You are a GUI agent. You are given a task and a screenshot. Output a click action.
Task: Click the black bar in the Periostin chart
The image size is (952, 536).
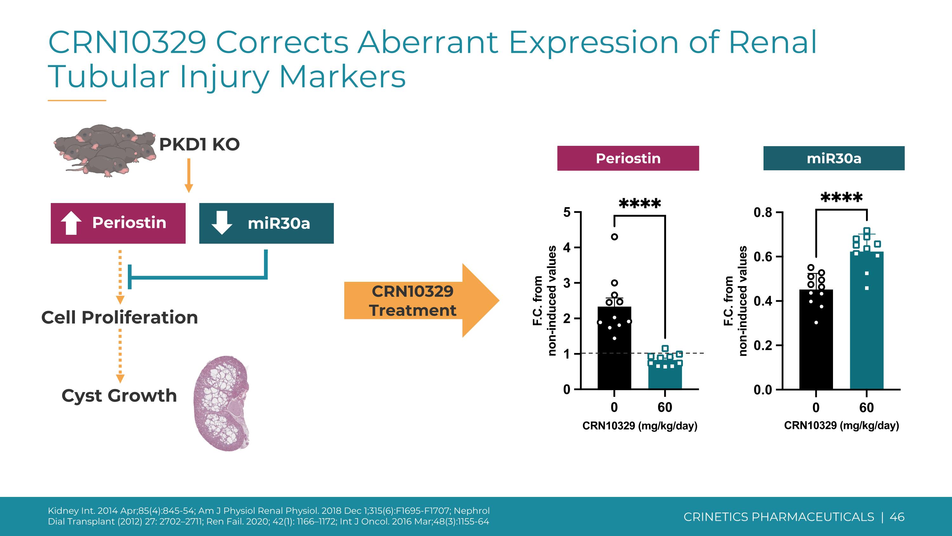614,348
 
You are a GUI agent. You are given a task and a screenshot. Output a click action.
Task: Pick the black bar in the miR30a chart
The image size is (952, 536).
816,340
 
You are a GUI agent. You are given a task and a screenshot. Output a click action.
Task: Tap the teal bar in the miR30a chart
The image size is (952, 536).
867,321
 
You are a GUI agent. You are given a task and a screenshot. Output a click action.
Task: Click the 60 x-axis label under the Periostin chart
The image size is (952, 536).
665,407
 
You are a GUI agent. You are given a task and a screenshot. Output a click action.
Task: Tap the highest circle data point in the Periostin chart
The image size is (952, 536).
615,237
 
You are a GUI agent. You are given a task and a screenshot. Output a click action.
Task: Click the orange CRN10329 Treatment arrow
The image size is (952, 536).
422,300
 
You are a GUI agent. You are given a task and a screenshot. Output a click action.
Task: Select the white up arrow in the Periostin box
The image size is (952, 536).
71,223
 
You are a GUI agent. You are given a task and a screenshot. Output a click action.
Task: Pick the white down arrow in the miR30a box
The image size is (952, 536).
222,223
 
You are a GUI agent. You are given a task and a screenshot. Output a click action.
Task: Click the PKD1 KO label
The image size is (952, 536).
200,144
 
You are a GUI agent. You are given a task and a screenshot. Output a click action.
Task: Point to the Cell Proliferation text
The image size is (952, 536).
120,317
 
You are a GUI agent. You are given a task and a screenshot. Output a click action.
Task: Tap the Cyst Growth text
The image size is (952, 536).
119,396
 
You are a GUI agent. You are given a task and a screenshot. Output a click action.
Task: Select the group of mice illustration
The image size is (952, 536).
105,150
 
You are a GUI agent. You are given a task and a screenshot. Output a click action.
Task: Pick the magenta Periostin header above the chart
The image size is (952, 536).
628,158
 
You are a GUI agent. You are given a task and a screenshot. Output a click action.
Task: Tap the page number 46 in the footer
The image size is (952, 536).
897,517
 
